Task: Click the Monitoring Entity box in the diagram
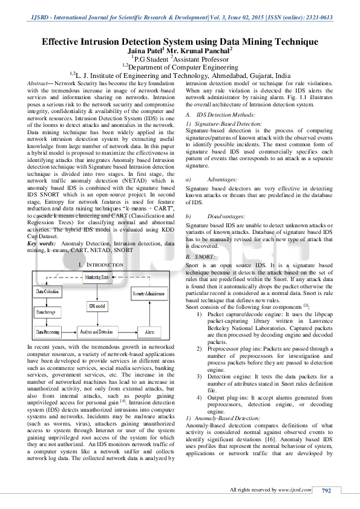click(x=101, y=277)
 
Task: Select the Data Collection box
click(x=48, y=292)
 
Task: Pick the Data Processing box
click(x=48, y=332)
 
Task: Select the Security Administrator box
click(x=149, y=292)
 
